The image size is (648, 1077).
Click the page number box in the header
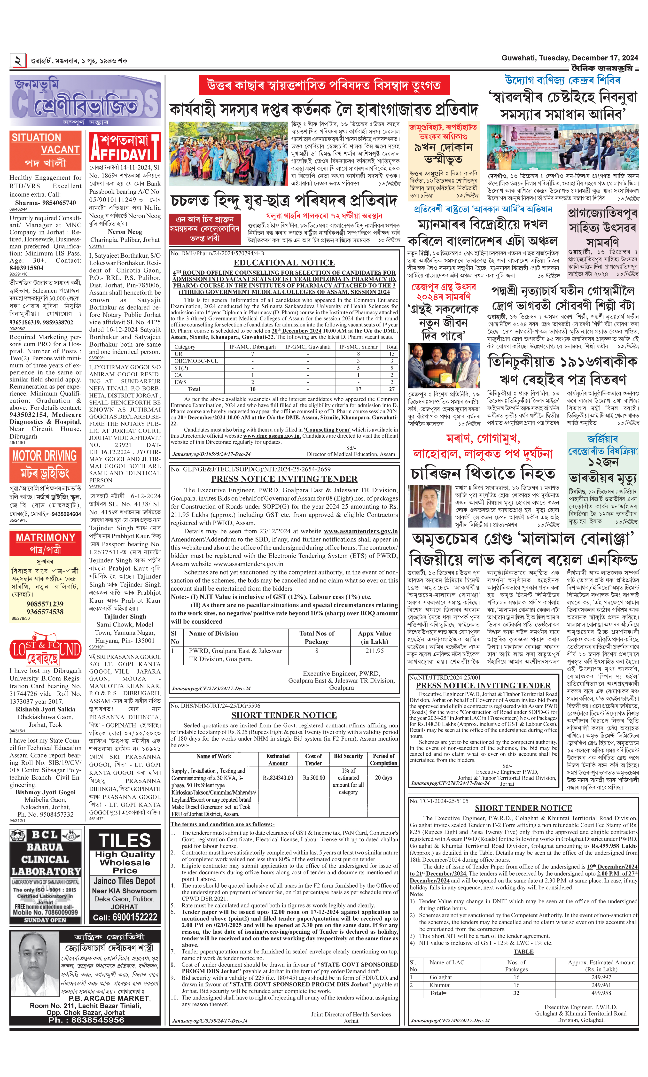(18, 60)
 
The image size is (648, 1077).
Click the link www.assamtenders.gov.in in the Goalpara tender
(361, 531)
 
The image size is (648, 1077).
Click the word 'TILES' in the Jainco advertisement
(125, 840)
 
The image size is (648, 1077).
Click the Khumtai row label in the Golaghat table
(440, 985)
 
